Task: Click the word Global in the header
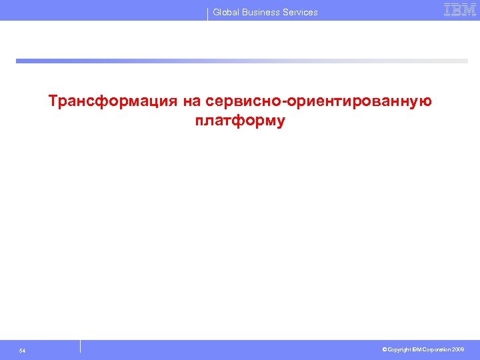(x=227, y=12)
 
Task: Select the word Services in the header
(x=302, y=12)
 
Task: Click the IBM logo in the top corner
(x=459, y=9)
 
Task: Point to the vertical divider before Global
(x=208, y=13)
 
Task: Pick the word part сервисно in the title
(x=245, y=101)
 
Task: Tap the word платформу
(x=240, y=121)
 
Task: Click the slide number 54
(x=23, y=351)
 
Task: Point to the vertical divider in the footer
(x=80, y=347)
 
